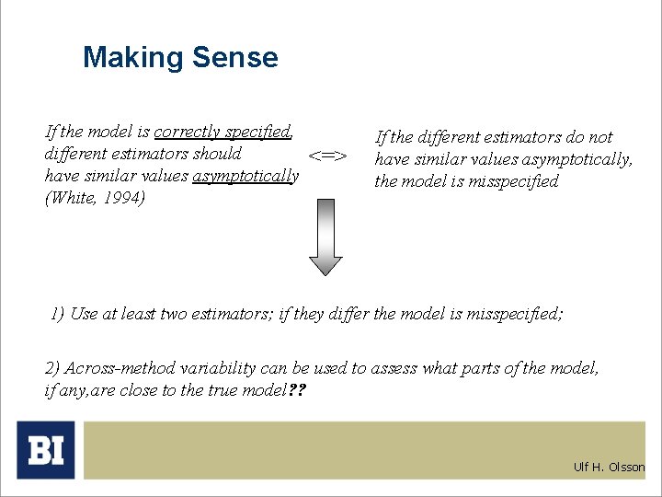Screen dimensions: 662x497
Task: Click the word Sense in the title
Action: pos(234,58)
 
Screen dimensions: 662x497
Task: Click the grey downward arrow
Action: pos(325,240)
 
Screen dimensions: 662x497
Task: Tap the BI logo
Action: pos(46,450)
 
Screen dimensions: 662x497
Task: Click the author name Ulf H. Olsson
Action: pos(609,467)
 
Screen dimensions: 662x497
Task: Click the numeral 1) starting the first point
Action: pos(57,314)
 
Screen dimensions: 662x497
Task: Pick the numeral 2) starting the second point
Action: pos(52,368)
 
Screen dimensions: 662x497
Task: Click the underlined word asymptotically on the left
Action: pos(245,176)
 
